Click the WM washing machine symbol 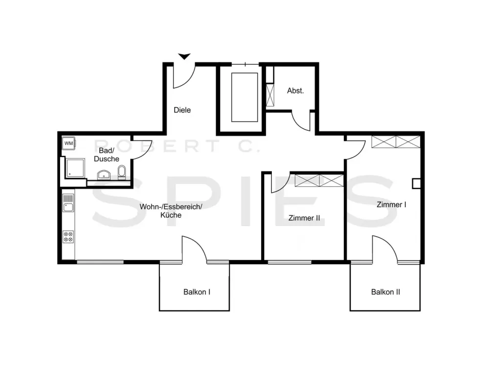(68, 143)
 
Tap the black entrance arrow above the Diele (184, 56)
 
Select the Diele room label (182, 110)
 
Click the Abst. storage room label (295, 91)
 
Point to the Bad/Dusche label (107, 155)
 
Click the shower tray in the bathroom (75, 167)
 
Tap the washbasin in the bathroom (104, 175)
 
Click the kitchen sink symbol (68, 203)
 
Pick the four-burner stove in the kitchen (68, 236)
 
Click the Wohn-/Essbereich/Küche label (171, 210)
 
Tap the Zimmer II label (304, 218)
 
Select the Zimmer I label (391, 205)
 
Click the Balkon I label (197, 292)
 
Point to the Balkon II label (385, 292)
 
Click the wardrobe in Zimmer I (396, 142)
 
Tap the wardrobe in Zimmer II (319, 181)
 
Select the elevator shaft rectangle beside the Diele (244, 97)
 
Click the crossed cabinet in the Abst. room (270, 95)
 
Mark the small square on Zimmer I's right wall (416, 183)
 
